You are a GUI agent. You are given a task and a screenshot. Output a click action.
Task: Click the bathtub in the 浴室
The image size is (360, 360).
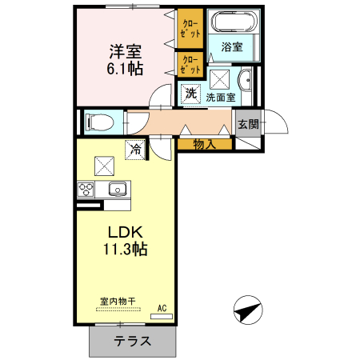click(x=231, y=22)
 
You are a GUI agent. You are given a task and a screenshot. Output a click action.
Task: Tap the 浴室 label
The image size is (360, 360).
click(x=231, y=47)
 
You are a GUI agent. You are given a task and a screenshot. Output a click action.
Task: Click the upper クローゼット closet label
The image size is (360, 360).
click(x=190, y=27)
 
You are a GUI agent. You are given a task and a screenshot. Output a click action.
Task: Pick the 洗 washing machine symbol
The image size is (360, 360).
click(x=190, y=93)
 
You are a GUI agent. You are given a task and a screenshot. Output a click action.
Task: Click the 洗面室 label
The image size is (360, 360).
click(x=220, y=98)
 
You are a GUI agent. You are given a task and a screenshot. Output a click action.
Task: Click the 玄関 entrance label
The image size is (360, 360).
click(x=248, y=124)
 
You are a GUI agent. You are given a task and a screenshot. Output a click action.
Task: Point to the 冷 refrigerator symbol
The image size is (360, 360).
click(x=136, y=149)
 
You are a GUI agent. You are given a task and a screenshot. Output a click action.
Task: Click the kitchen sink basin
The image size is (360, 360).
click(x=117, y=190)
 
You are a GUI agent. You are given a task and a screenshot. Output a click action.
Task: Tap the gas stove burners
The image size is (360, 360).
click(x=86, y=190)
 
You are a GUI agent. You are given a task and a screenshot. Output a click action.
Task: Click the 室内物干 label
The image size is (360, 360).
click(x=118, y=301)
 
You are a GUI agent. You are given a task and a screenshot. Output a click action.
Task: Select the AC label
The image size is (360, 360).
click(x=162, y=308)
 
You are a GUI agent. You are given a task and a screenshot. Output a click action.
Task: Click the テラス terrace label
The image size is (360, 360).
click(x=132, y=341)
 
